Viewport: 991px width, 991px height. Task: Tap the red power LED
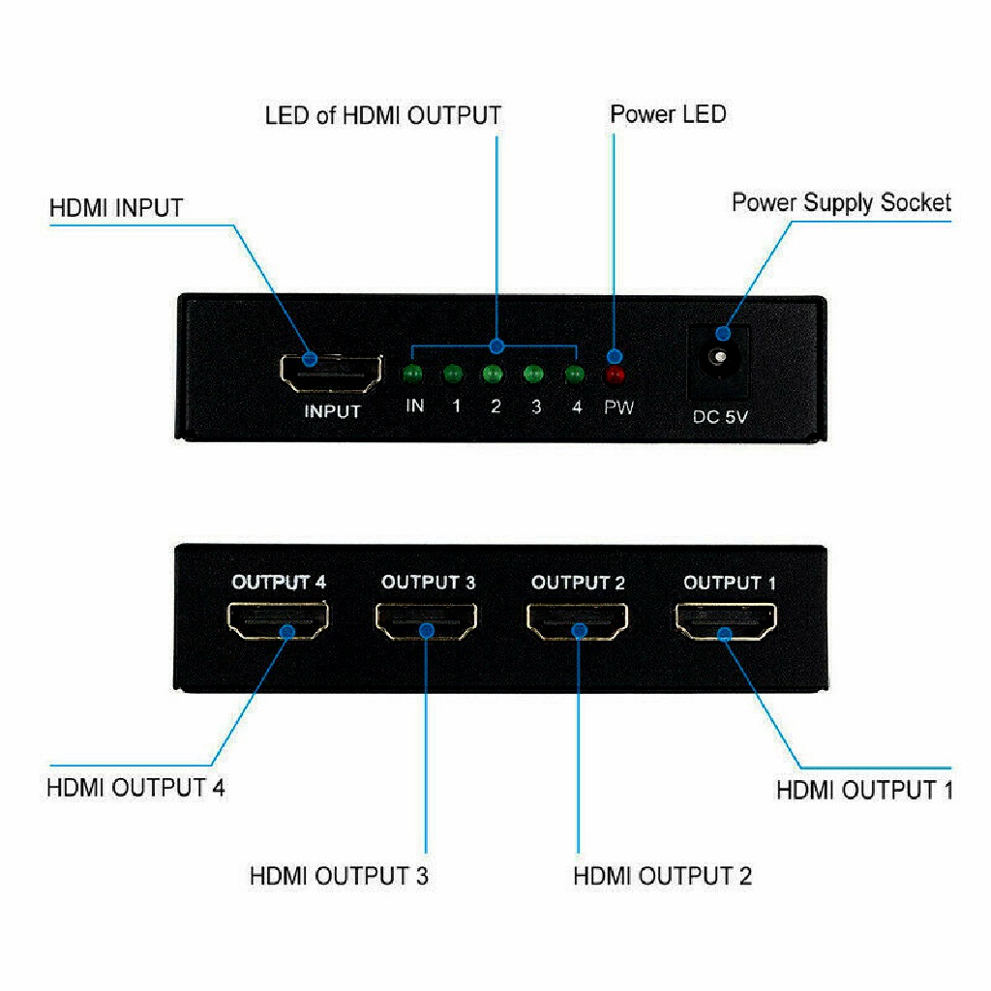click(x=615, y=375)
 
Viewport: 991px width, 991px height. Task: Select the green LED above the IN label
click(x=413, y=375)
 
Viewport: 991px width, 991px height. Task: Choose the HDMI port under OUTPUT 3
click(x=427, y=621)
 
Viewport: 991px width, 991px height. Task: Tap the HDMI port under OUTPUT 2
click(x=578, y=621)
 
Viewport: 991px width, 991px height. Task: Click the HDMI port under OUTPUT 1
click(x=726, y=621)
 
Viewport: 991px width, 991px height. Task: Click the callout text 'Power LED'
click(x=668, y=114)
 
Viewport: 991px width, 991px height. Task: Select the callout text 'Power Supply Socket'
click(x=841, y=202)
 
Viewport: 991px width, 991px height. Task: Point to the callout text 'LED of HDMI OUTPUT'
click(x=383, y=116)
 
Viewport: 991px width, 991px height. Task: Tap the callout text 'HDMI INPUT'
click(x=116, y=207)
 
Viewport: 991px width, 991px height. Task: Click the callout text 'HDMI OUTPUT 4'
click(x=135, y=787)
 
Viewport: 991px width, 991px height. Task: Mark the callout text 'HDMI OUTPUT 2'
click(x=662, y=876)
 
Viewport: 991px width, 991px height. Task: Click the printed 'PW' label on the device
click(x=619, y=407)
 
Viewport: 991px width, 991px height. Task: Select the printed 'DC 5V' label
click(x=721, y=418)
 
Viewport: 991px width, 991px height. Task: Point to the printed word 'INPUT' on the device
click(x=332, y=411)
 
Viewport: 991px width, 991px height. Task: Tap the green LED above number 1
click(x=452, y=374)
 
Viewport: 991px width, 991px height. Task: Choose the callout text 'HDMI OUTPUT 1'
click(x=864, y=790)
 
